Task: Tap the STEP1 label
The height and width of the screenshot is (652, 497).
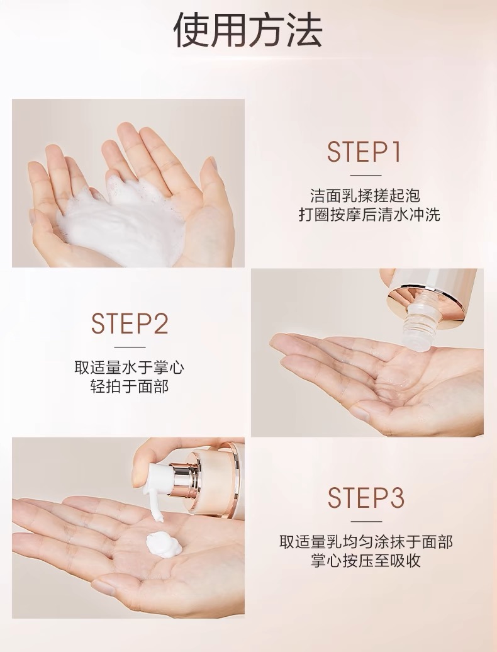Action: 364,152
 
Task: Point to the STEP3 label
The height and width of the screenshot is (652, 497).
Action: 366,497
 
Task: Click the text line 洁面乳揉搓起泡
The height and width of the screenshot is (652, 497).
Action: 366,196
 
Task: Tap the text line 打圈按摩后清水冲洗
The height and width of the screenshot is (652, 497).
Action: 369,215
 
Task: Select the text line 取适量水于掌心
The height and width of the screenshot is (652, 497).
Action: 130,368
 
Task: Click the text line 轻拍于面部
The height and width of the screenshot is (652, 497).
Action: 130,386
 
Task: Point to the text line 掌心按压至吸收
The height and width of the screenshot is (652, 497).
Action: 366,561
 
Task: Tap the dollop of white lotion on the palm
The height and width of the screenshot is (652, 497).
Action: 163,544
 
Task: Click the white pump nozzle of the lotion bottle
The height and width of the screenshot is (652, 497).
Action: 160,477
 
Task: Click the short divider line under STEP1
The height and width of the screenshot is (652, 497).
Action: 366,176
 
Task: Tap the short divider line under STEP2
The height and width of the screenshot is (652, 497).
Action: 130,347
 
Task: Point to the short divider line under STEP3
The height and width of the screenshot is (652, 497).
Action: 366,522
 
